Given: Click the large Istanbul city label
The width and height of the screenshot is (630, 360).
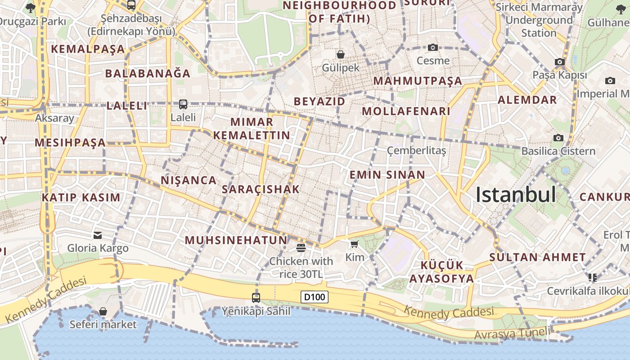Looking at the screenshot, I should (x=516, y=195).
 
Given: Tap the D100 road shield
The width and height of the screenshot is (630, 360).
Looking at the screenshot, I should (x=315, y=297).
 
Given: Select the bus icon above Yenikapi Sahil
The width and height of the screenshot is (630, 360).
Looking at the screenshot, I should (x=256, y=297).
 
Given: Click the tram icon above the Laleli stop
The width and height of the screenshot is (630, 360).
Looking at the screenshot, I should (x=183, y=104).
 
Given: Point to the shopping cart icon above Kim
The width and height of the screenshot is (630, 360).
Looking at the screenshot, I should (x=354, y=244).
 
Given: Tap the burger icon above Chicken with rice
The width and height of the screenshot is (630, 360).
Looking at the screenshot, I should (x=301, y=247).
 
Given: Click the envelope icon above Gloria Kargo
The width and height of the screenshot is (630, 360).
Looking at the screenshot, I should (x=98, y=235).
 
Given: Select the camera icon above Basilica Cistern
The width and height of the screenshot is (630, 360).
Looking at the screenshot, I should (x=558, y=138).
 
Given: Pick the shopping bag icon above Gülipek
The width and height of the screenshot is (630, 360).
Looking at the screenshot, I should (x=341, y=54).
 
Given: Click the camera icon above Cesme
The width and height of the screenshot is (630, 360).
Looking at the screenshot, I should (x=432, y=47).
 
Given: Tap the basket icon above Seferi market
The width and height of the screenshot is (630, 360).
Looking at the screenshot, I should (x=103, y=311).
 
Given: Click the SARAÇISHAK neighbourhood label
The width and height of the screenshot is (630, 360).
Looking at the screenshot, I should (x=261, y=189).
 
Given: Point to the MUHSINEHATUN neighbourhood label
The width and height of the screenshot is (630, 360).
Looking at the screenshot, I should (x=236, y=240).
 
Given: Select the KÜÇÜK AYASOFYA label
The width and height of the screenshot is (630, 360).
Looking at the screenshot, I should (x=441, y=272).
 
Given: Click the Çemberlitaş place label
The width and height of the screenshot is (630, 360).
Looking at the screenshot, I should (x=416, y=150).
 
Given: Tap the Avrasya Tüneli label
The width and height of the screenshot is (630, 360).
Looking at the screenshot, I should (x=512, y=334).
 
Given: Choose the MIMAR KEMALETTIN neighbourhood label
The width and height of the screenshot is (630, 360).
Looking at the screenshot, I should (x=252, y=129).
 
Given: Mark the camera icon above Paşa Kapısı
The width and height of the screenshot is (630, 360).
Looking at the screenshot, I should (x=559, y=62).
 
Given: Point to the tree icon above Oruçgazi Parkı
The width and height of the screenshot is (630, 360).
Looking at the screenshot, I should (x=30, y=8).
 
